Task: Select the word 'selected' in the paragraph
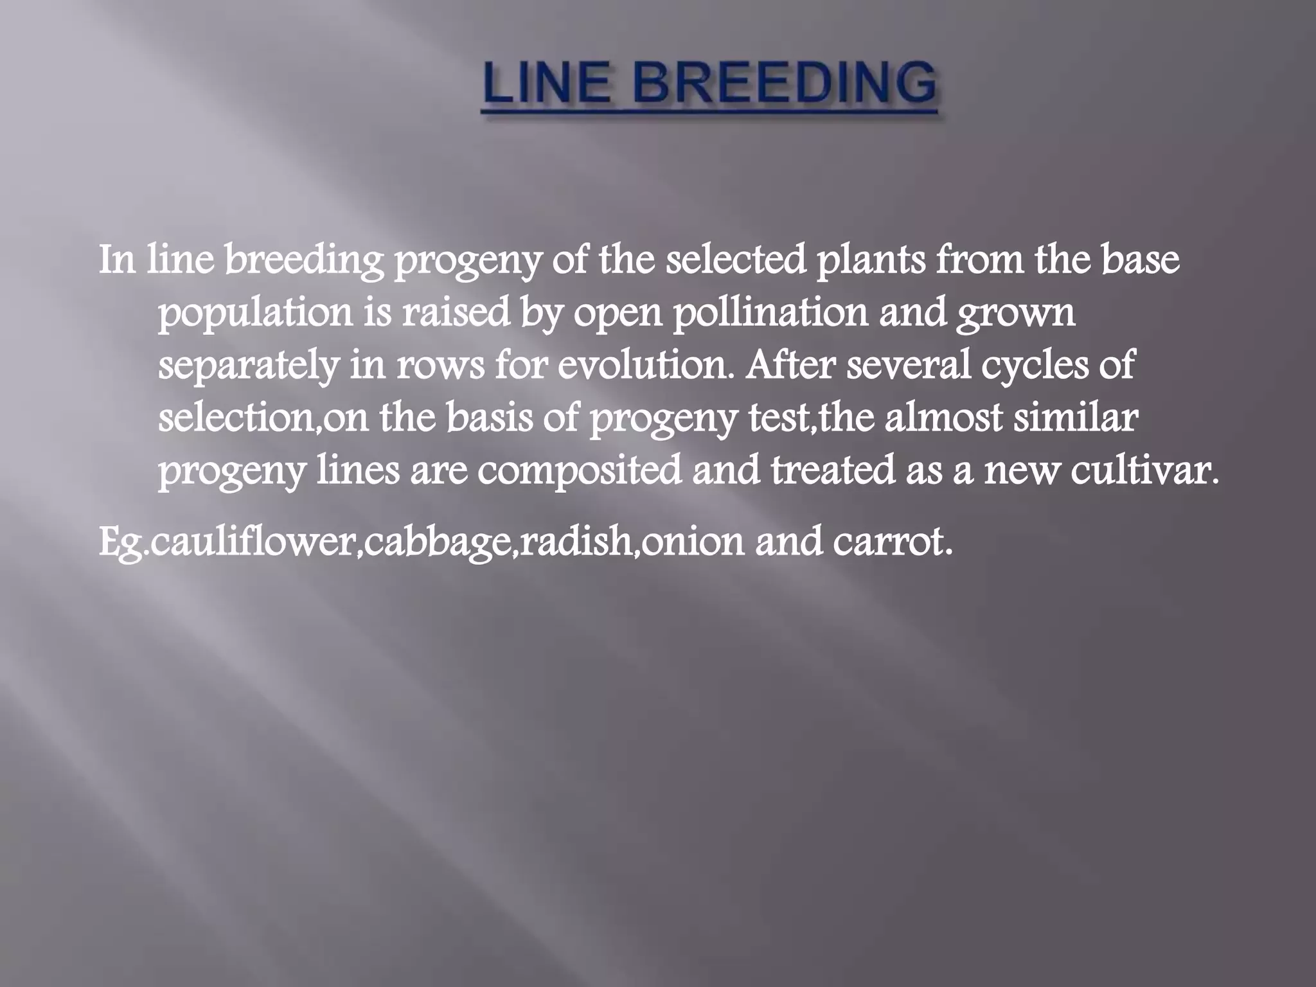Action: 735,260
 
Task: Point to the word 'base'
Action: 1141,260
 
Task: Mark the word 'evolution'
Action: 645,366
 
